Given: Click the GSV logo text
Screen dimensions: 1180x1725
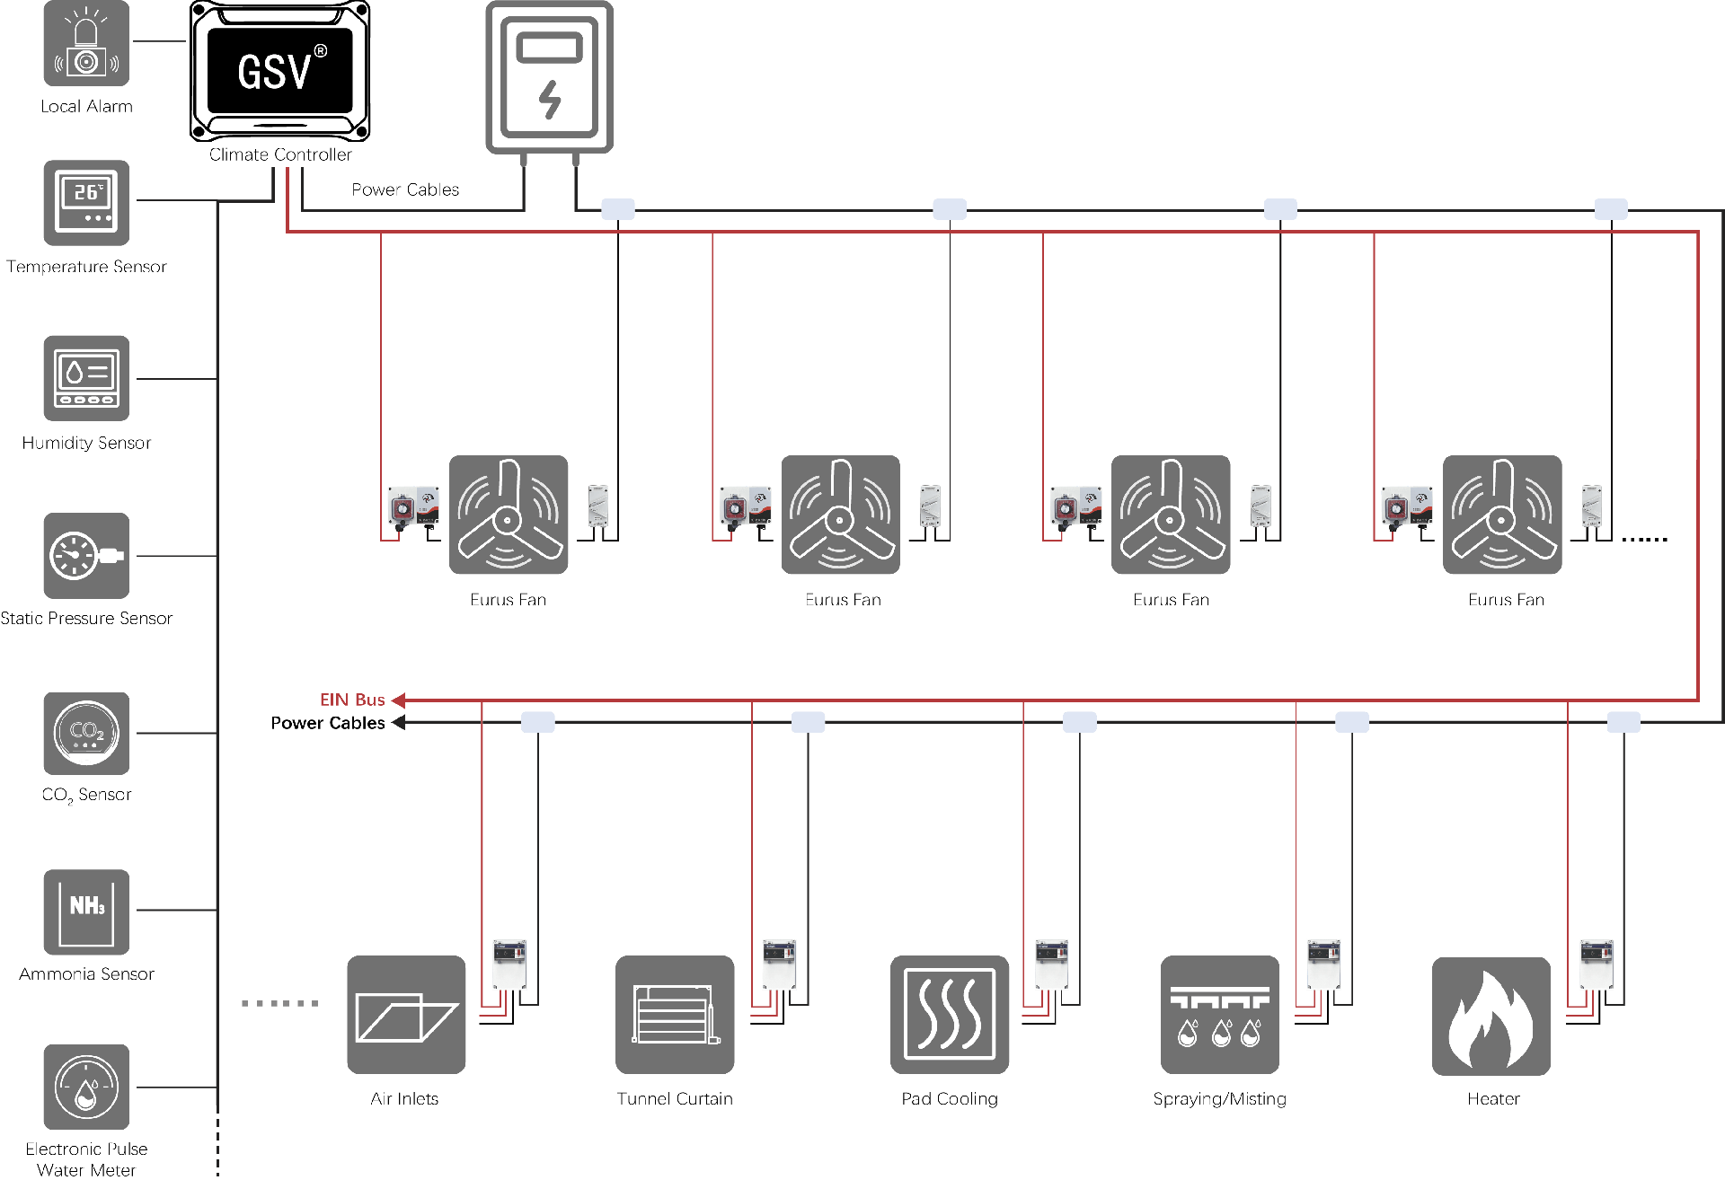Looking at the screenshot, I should pos(275,72).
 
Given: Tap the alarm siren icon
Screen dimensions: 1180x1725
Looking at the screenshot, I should pos(86,43).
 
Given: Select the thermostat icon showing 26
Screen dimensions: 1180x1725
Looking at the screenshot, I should pos(86,203).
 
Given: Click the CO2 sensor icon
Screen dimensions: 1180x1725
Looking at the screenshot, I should pos(86,734).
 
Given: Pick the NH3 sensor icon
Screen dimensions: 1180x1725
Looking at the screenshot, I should pos(86,911).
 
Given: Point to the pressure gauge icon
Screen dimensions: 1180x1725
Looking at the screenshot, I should pos(86,556).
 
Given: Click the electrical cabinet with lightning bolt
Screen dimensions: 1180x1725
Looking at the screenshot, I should pos(549,77).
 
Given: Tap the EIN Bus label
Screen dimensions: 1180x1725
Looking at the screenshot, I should pos(352,700).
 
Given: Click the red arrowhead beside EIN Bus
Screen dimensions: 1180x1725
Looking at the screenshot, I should pos(398,700).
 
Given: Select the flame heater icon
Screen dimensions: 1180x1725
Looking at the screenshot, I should pos(1491,1016).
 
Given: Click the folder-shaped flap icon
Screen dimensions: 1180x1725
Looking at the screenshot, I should pos(406,1015).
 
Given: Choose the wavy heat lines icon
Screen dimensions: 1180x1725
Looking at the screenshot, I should pos(950,1015).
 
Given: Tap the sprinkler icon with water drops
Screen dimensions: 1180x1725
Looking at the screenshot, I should pos(1219,1015).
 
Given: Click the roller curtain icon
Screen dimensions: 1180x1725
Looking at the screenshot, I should pos(675,1015).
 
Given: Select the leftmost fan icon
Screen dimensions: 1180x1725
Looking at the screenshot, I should pos(509,515).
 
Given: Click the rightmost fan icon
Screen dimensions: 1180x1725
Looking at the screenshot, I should pos(1502,515).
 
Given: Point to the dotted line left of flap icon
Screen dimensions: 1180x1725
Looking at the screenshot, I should pos(280,1003).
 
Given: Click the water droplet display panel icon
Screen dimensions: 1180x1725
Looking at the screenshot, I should pos(86,378).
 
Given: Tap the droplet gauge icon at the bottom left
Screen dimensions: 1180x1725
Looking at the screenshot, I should pos(86,1087).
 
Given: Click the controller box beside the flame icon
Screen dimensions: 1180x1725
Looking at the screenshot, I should pos(1597,964).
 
